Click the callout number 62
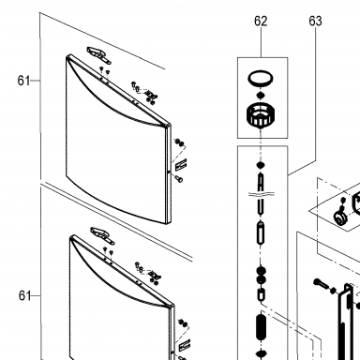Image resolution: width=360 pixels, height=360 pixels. tap(261, 21)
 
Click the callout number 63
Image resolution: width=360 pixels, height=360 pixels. tap(315, 21)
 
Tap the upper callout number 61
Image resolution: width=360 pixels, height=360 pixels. tap(23, 81)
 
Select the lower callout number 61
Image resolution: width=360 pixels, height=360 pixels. tap(24, 295)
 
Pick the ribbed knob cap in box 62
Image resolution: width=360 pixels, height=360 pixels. tap(261, 115)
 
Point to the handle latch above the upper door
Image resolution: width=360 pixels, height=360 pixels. tap(98, 54)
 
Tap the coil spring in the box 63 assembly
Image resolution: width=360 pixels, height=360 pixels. tap(261, 327)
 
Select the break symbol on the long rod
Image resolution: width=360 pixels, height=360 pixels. tap(262, 194)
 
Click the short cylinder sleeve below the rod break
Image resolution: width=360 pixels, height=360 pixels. tap(261, 232)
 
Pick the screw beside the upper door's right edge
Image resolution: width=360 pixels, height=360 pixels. tap(179, 179)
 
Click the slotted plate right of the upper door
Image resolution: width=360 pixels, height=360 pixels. tap(181, 164)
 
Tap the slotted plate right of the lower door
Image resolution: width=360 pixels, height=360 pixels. tap(185, 345)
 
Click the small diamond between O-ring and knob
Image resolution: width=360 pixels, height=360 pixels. tap(260, 95)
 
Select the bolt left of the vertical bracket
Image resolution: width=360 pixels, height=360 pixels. tap(320, 283)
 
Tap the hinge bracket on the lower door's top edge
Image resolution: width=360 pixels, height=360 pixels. tap(155, 275)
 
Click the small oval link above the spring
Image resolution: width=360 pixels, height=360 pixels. tap(261, 294)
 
